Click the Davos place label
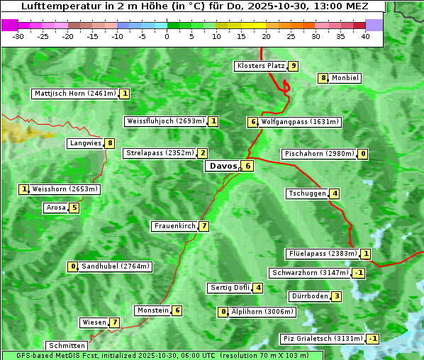[x=222, y=166]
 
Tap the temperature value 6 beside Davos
[x=247, y=166]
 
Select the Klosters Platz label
[x=260, y=66]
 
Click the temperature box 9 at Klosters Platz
[x=293, y=66]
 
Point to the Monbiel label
[x=345, y=78]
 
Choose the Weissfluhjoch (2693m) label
[x=166, y=121]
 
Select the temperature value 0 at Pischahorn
[x=363, y=154]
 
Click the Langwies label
[x=85, y=143]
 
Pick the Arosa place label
[x=55, y=208]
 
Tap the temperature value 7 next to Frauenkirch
[x=204, y=226]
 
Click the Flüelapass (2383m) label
[x=321, y=254]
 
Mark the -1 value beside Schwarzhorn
[x=359, y=273]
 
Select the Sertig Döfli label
[x=230, y=288]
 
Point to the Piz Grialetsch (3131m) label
[x=323, y=339]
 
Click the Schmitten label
[x=66, y=345]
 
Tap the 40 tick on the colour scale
[x=365, y=37]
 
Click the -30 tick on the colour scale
[x=18, y=37]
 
